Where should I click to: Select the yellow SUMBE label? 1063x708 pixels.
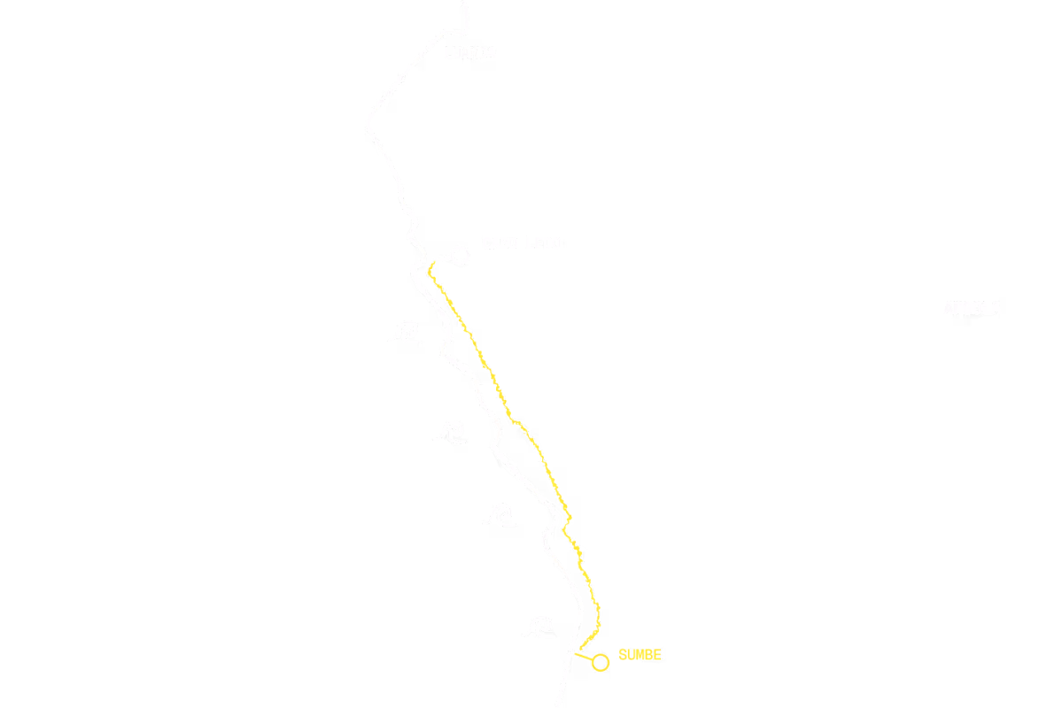pos(640,655)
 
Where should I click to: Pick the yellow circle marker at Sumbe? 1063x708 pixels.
pos(601,662)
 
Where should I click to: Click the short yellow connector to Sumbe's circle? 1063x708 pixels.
pos(584,657)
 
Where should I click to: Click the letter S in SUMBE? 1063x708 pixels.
pos(622,655)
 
